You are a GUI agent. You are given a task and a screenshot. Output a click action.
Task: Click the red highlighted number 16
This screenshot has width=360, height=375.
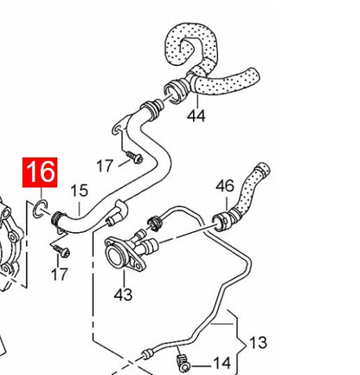pyautogui.click(x=40, y=172)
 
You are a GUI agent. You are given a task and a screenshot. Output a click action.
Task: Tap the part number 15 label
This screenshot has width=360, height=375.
pyautogui.click(x=79, y=191)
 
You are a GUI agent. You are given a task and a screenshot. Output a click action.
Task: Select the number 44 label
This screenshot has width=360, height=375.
pyautogui.click(x=196, y=116)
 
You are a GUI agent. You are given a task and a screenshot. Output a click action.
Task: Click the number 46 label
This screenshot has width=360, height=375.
pyautogui.click(x=225, y=186)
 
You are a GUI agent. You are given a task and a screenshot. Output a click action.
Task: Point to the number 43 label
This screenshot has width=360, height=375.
pyautogui.click(x=123, y=294)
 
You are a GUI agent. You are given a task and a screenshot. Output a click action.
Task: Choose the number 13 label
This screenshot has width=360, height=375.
pyautogui.click(x=258, y=343)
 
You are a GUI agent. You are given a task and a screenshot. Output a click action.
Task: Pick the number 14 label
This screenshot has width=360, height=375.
pyautogui.click(x=222, y=363)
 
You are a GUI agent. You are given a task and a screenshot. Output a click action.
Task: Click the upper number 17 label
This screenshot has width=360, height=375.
pyautogui.click(x=104, y=166)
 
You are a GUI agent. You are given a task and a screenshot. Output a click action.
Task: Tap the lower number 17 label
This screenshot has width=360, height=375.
pyautogui.click(x=60, y=275)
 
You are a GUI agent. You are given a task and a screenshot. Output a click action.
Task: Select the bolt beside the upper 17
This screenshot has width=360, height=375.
pyautogui.click(x=135, y=158)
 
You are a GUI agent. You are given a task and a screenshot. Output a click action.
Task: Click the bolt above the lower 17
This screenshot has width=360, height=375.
pyautogui.click(x=61, y=251)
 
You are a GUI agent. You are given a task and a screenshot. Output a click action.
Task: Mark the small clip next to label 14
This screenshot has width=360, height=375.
pyautogui.click(x=183, y=363)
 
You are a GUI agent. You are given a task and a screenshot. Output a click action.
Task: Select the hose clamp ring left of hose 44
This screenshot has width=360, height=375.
pyautogui.click(x=175, y=91)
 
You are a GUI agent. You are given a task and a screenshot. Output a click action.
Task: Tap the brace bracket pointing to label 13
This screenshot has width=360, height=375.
pyautogui.click(x=237, y=341)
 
